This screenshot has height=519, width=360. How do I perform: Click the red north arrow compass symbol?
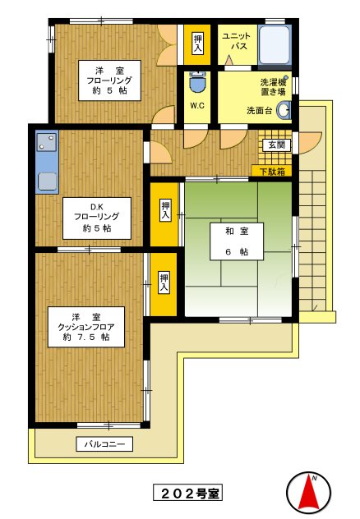pos(308,491)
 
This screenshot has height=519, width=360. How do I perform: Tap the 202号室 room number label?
pos(187,494)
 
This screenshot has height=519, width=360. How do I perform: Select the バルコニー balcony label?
pos(104,444)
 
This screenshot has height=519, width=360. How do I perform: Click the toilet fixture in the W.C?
pos(196,82)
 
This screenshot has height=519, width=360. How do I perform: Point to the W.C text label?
pos(197,106)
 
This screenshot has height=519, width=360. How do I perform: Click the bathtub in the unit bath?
pos(274,44)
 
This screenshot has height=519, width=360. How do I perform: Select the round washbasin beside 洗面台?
pos(284,110)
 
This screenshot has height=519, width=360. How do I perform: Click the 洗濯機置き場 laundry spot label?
pos(273,86)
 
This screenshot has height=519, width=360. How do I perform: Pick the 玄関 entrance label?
pos(277,145)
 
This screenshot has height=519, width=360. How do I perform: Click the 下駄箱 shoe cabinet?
pos(272,171)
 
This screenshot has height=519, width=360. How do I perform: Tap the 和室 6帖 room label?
pos(237,241)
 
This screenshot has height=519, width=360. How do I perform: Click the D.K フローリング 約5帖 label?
pos(97,218)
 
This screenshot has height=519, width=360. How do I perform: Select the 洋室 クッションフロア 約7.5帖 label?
pos(86,327)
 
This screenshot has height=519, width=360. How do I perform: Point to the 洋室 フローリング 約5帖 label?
pos(109,80)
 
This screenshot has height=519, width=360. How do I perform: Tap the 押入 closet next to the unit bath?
pos(197,44)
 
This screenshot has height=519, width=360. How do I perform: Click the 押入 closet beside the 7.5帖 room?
pos(164,284)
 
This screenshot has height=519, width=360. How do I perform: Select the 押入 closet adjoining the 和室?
pos(164,214)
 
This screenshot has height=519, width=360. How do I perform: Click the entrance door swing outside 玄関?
pos(310,142)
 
